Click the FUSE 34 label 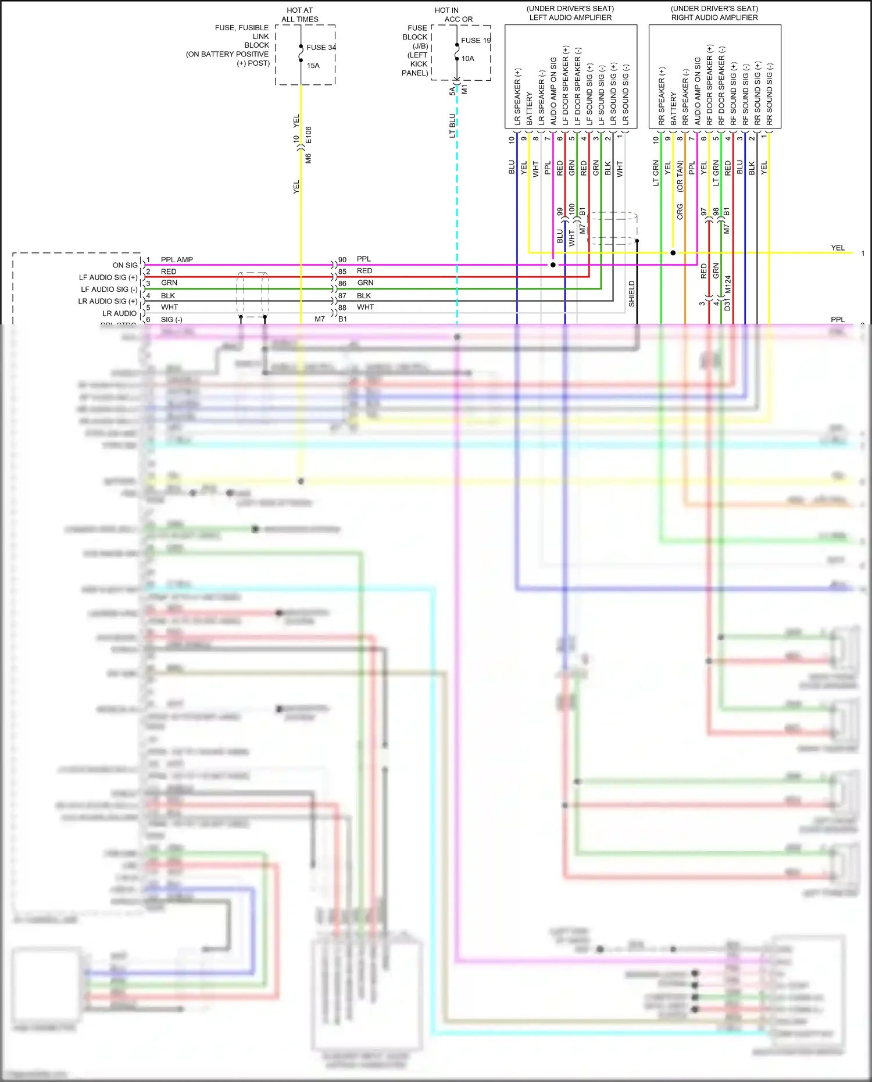click(x=321, y=48)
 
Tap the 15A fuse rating click(x=313, y=66)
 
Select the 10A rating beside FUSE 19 click(x=468, y=59)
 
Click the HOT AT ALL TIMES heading click(x=300, y=15)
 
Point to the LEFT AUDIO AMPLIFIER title click(x=570, y=17)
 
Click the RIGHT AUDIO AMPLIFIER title click(x=714, y=17)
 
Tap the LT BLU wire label click(x=452, y=126)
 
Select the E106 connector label click(x=309, y=135)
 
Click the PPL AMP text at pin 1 click(x=177, y=260)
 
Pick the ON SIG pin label click(x=125, y=265)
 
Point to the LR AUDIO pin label click(x=120, y=313)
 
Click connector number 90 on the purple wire click(x=342, y=260)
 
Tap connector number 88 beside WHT click(x=342, y=308)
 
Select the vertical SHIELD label click(x=632, y=294)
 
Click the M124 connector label click(x=728, y=285)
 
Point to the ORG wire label click(x=680, y=212)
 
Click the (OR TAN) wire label click(x=680, y=177)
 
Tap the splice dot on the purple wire click(x=553, y=265)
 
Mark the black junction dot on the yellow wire click(x=673, y=253)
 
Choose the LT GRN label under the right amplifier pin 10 click(x=656, y=173)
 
